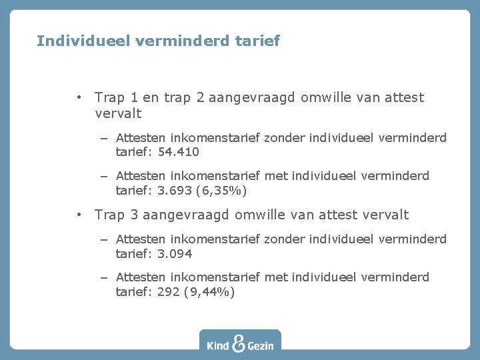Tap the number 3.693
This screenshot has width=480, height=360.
175,191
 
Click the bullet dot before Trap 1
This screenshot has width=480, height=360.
79,97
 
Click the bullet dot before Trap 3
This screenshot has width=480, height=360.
79,215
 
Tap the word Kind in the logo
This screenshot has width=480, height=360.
218,345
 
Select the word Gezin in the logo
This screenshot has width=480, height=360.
261,345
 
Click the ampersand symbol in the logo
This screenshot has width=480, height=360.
239,343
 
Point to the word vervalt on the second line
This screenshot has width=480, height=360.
118,113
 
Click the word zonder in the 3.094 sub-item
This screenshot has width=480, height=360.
283,239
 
